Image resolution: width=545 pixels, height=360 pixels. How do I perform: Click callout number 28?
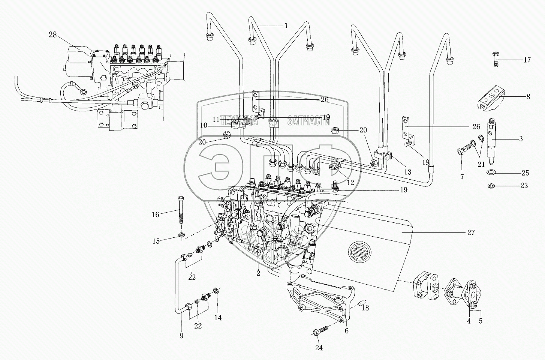[x=52, y=35]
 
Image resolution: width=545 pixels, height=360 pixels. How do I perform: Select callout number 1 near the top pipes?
[x=286, y=26]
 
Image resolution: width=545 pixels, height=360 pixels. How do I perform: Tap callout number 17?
[x=527, y=60]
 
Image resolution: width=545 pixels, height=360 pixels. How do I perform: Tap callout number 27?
[x=471, y=233]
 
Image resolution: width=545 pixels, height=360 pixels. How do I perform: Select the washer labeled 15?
[x=181, y=235]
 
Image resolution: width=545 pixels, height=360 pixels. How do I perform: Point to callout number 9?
[x=181, y=336]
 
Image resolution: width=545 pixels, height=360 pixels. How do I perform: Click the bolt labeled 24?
[x=319, y=332]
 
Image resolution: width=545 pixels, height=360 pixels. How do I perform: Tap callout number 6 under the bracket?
[x=347, y=331]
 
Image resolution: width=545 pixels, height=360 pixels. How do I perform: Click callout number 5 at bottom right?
[x=480, y=321]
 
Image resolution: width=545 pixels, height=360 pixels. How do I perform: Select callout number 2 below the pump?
[x=258, y=273]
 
